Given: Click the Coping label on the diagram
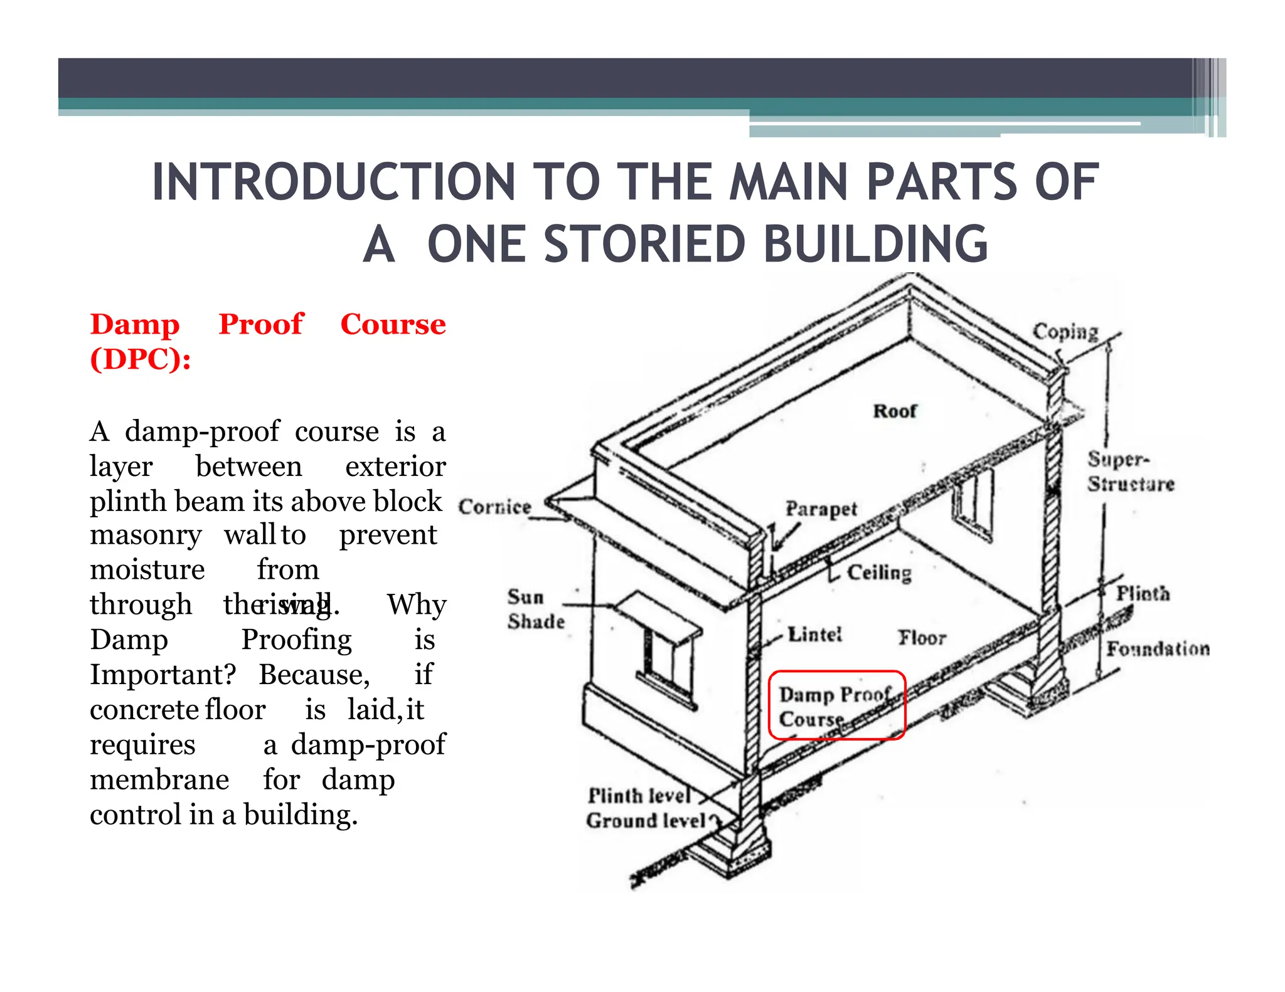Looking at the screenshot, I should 1065,331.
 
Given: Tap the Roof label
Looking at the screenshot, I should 895,411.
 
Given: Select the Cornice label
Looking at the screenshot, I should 494,506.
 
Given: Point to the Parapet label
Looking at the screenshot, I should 821,509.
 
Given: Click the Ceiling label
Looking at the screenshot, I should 879,573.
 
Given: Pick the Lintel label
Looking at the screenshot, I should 814,635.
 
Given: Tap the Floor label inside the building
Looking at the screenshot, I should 921,638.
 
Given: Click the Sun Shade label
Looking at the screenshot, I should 535,609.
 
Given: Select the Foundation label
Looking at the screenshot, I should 1158,648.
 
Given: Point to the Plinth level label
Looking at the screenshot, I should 639,796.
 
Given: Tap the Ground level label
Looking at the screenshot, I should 646,820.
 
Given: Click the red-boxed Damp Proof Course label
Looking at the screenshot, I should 836,706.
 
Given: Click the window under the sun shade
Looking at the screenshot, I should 659,661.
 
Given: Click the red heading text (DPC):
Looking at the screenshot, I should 141,359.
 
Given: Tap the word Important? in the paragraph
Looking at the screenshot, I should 163,675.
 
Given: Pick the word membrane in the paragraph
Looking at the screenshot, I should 159,780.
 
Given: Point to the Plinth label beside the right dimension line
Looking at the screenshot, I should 1143,593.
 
